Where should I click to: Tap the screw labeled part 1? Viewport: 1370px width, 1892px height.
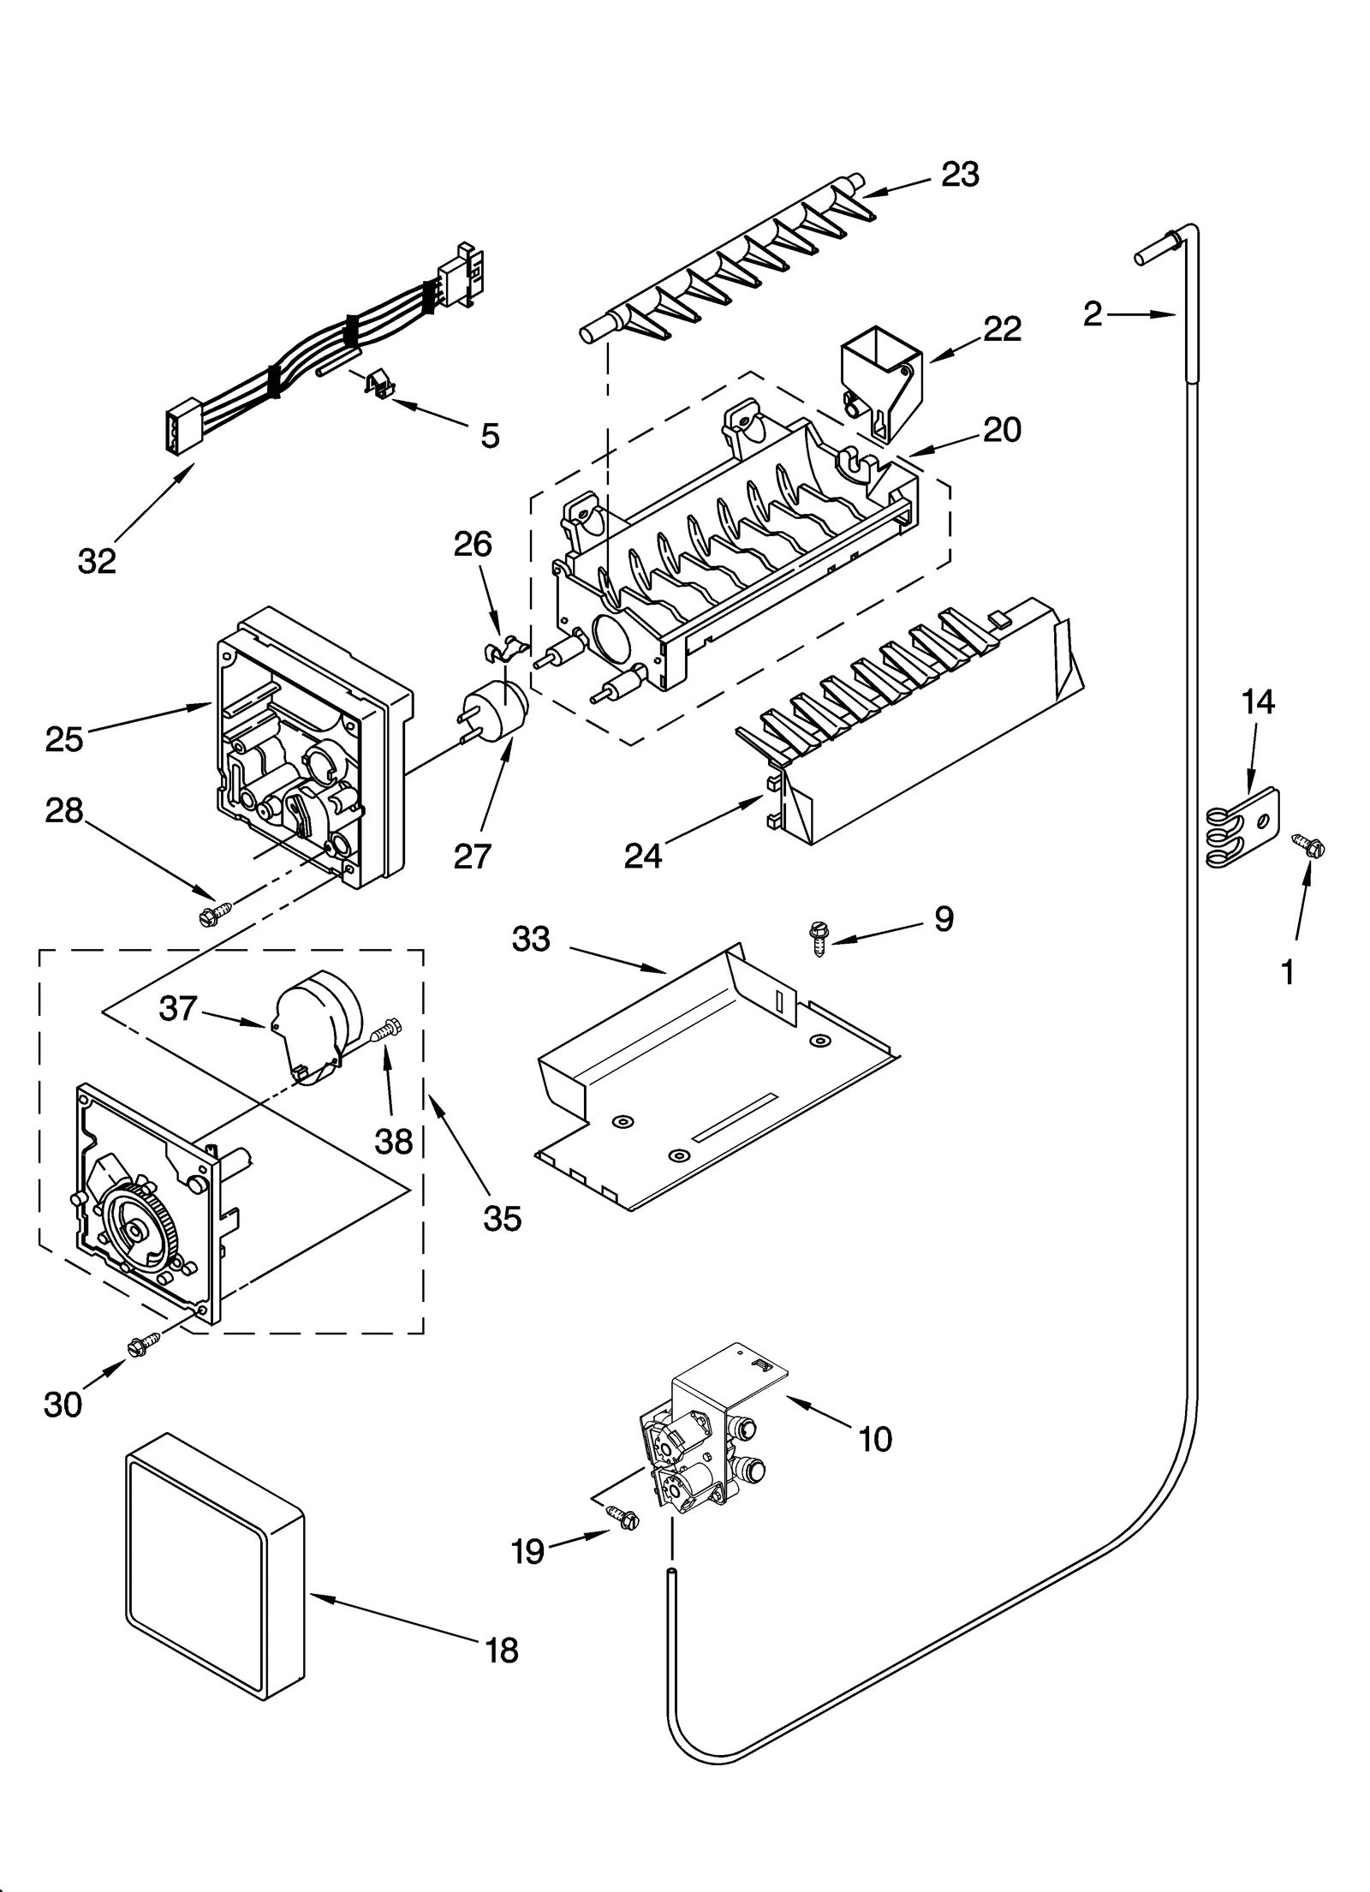1310,847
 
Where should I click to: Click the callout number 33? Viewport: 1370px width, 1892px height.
531,939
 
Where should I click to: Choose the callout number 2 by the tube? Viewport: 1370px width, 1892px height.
1093,314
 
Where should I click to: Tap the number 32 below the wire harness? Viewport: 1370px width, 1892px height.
96,561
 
